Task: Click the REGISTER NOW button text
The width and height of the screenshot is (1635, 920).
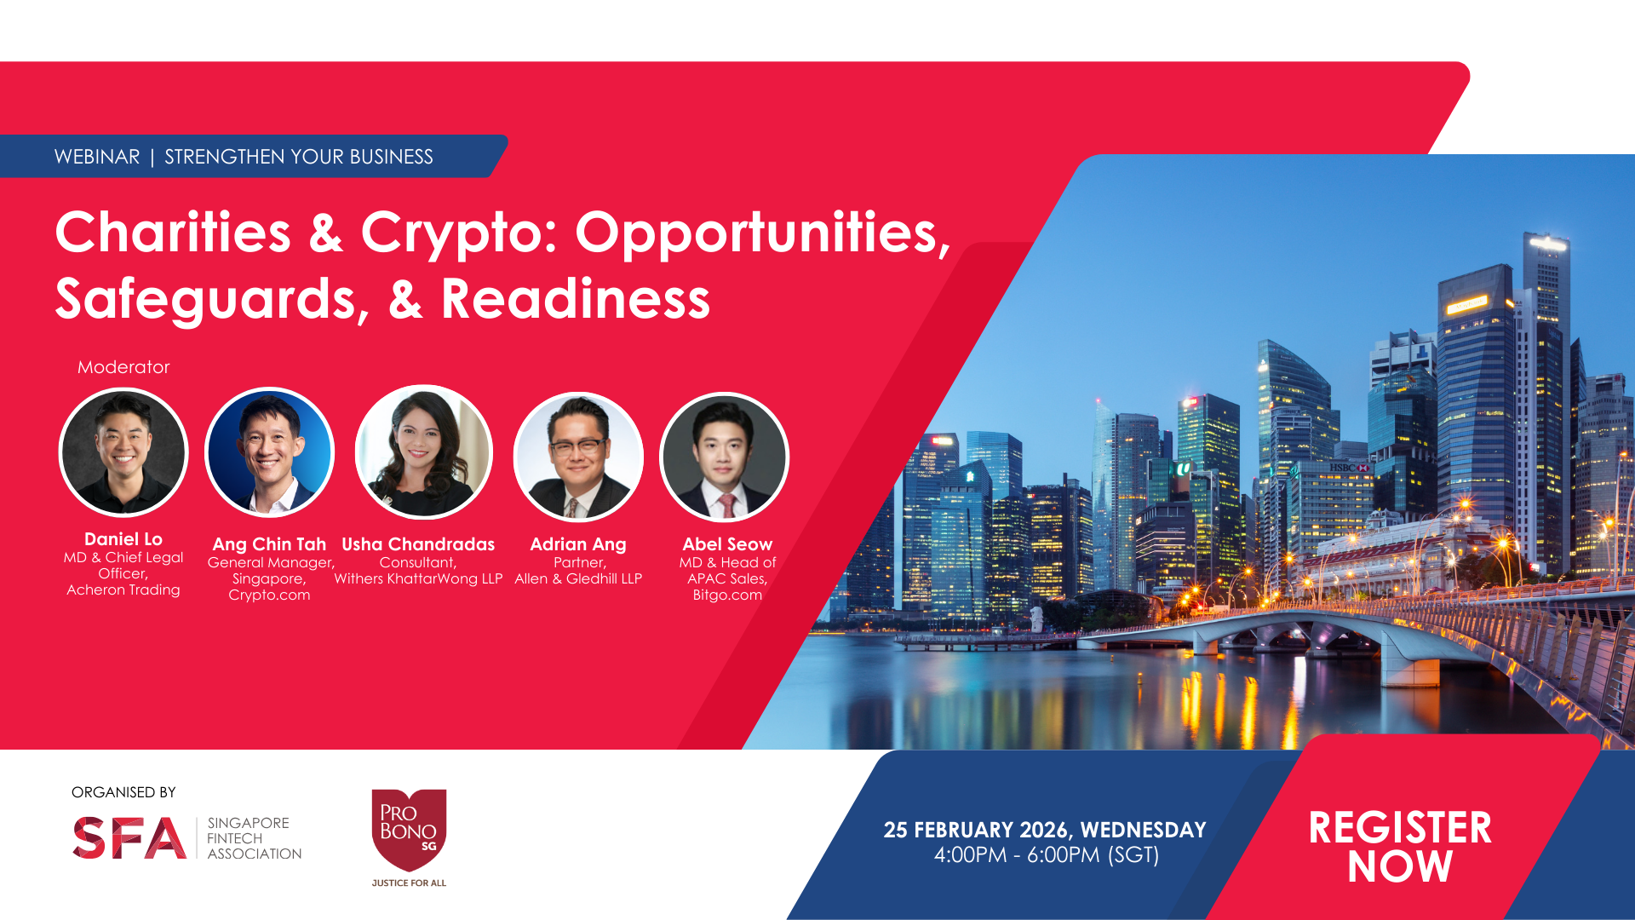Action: (x=1400, y=847)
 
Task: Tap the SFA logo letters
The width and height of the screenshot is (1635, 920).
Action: (x=129, y=838)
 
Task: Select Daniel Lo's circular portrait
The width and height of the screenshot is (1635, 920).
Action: (x=123, y=452)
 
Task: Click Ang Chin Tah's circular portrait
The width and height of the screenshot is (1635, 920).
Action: (x=270, y=452)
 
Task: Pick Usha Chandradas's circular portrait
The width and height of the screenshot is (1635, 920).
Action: (x=423, y=452)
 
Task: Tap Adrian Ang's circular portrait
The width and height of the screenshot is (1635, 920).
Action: (x=578, y=457)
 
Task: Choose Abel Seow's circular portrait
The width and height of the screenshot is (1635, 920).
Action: (x=725, y=457)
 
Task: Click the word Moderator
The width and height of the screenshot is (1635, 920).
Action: (x=123, y=367)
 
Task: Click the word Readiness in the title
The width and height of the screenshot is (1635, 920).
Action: (x=576, y=299)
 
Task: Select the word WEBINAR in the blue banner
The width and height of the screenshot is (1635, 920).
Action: (x=97, y=157)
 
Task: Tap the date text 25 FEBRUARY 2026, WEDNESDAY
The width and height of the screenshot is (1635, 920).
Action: (x=1045, y=830)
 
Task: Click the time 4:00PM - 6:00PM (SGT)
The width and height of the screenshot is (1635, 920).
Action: (x=1047, y=855)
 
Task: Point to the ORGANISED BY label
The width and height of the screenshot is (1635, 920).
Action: (x=123, y=792)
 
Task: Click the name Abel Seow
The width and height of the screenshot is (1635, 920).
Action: (x=727, y=544)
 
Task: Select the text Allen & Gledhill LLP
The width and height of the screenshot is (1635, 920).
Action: (x=578, y=579)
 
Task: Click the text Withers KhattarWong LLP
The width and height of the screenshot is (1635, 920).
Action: (x=418, y=579)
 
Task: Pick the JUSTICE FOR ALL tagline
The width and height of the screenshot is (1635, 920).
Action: (x=409, y=883)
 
